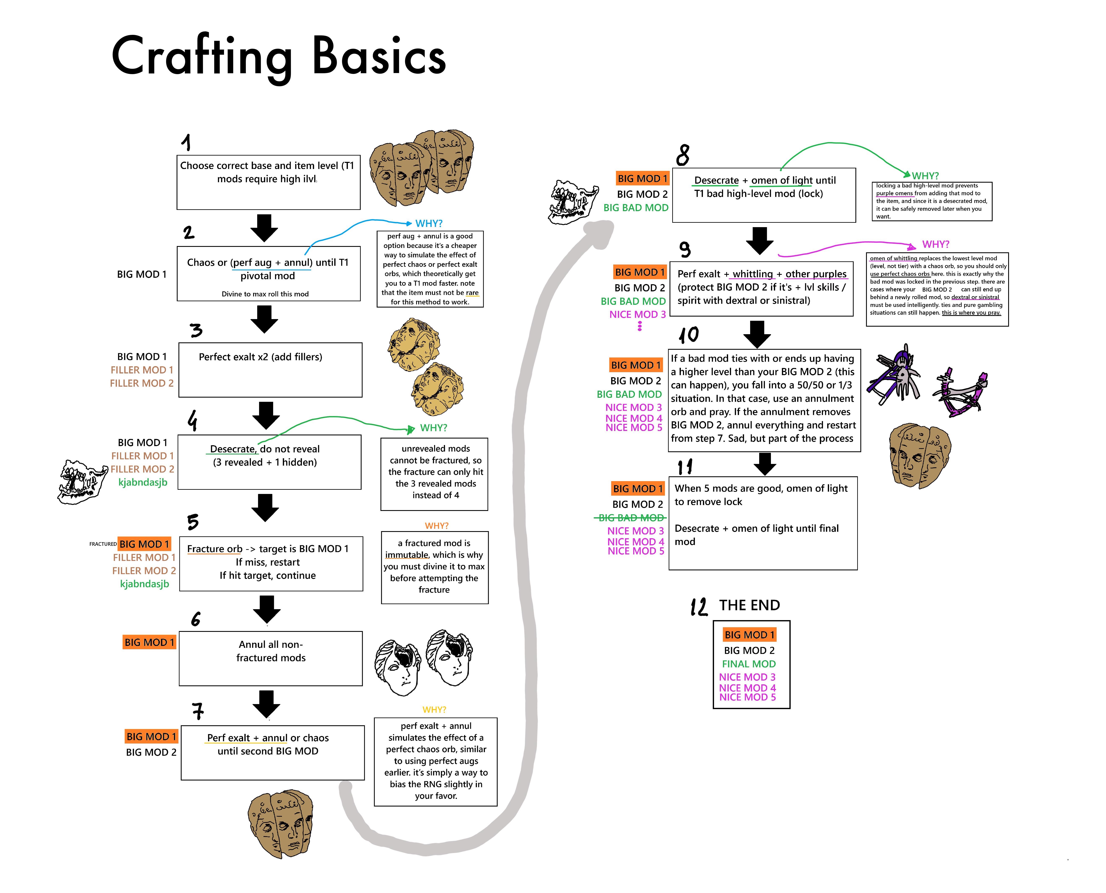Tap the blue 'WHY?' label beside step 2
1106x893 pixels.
click(x=429, y=223)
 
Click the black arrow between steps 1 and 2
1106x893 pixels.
click(x=264, y=228)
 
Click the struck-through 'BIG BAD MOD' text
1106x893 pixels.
click(x=631, y=517)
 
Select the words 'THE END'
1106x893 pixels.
click(x=750, y=605)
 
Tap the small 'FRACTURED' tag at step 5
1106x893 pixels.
click(x=103, y=544)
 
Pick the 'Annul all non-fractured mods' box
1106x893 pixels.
click(x=271, y=659)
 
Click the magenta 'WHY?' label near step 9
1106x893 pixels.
click(x=936, y=244)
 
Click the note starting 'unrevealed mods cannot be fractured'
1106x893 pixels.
click(x=434, y=474)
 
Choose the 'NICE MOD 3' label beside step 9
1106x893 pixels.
click(x=637, y=314)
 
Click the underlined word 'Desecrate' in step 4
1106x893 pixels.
click(x=233, y=449)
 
